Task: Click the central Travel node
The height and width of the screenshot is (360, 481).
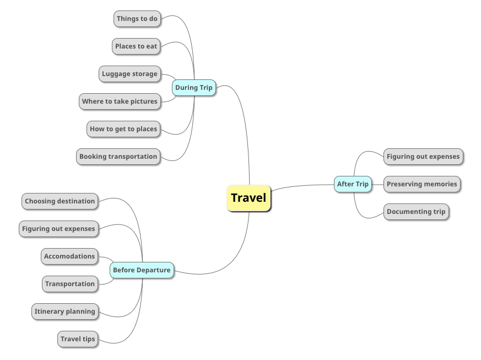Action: (248, 198)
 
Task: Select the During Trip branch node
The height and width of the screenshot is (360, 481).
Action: (193, 88)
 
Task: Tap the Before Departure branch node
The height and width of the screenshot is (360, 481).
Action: (142, 270)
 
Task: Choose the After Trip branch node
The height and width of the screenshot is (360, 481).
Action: (353, 184)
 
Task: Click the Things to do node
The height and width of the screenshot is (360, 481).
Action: (137, 19)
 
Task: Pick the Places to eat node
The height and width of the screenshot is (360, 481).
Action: (136, 46)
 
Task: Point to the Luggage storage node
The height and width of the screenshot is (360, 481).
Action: (129, 74)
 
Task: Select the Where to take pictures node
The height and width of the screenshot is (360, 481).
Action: (120, 101)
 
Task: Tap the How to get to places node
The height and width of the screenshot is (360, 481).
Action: (123, 129)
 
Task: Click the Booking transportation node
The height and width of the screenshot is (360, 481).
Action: (118, 157)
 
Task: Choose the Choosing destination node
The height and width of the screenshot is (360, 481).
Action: (60, 201)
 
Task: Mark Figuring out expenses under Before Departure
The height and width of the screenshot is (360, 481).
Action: (58, 229)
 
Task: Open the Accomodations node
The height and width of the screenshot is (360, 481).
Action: (69, 256)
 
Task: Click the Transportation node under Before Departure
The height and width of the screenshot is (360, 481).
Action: (70, 284)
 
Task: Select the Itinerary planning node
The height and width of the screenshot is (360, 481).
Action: (64, 311)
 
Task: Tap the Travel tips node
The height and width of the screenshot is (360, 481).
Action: (78, 339)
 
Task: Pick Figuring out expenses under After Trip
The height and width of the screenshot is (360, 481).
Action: (423, 157)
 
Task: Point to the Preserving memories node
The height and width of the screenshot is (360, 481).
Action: (421, 184)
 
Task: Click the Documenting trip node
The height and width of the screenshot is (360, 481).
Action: (416, 212)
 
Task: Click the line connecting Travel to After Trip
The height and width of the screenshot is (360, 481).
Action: (303, 185)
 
